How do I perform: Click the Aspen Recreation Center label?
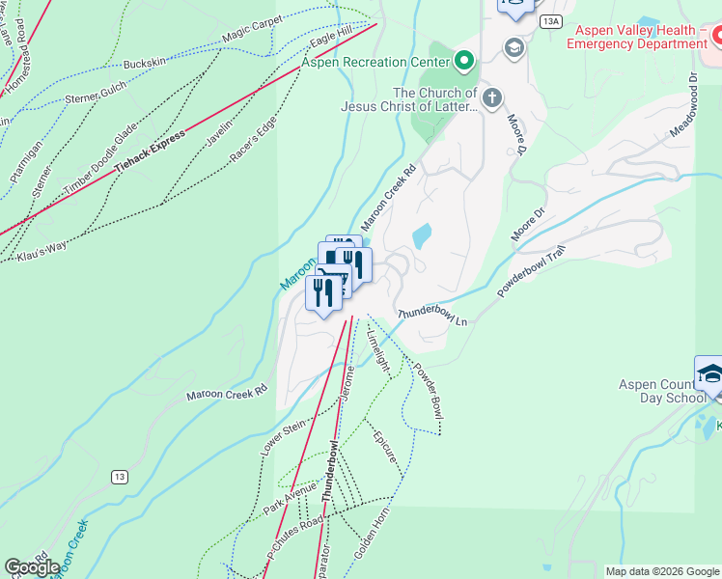tap(376, 63)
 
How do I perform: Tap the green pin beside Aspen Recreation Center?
tap(465, 62)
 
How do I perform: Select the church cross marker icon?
tap(492, 97)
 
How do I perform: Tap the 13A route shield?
tap(550, 20)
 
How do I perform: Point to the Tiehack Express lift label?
tap(149, 152)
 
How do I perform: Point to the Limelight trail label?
tap(378, 349)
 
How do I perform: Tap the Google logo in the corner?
tap(33, 567)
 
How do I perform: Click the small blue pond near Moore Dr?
tap(422, 235)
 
